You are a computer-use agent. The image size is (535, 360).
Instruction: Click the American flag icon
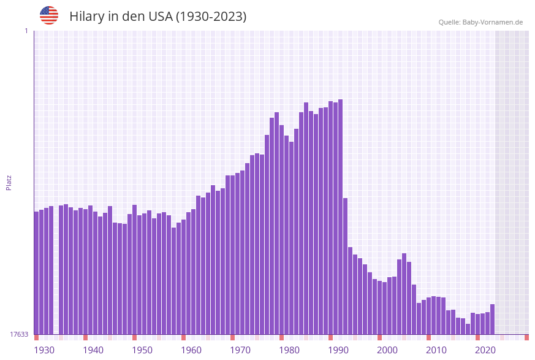(49, 15)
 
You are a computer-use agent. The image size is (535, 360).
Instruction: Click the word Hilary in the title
(87, 17)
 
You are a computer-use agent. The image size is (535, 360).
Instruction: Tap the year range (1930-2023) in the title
(211, 17)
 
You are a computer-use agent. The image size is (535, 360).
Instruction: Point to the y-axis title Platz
(9, 182)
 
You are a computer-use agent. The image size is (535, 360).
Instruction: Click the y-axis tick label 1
(26, 31)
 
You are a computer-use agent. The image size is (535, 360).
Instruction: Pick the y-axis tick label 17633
(19, 334)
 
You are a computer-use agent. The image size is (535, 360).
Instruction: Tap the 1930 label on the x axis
(44, 350)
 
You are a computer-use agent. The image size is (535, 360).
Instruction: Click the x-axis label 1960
(191, 350)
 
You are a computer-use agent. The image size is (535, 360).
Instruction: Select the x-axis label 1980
(289, 350)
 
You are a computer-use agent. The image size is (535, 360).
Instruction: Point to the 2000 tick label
(387, 350)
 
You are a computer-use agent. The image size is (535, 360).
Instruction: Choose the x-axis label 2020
(485, 350)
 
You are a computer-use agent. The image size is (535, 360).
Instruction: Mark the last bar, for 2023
(492, 319)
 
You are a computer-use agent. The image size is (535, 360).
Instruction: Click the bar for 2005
(404, 294)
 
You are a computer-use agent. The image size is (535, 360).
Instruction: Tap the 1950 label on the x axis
(142, 350)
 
